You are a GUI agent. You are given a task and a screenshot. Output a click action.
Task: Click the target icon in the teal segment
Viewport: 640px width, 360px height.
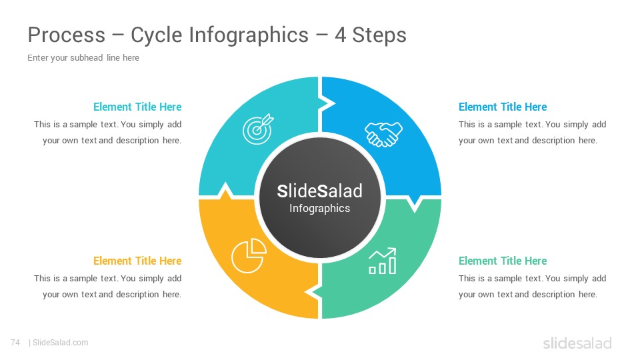(257, 129)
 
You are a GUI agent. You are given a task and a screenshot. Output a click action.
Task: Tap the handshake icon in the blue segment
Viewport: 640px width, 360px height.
(383, 134)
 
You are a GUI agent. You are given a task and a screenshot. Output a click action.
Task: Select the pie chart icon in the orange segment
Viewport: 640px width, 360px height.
(249, 255)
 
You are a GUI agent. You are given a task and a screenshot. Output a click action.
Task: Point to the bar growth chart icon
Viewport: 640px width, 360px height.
(383, 261)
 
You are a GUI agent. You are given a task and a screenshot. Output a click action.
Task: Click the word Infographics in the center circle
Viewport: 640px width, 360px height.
(319, 209)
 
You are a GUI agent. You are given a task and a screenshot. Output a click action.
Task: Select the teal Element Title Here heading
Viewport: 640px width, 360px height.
(137, 107)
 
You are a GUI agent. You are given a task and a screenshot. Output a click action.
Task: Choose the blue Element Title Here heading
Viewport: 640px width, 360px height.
(503, 107)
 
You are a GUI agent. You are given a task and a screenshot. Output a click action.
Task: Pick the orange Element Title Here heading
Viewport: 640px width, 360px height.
(137, 261)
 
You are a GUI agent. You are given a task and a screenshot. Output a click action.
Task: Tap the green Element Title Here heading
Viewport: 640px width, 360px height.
(503, 261)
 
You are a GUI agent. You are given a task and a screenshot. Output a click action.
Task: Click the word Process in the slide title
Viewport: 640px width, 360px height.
(67, 35)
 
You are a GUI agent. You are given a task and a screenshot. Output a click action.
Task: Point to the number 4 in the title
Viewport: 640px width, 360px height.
(341, 35)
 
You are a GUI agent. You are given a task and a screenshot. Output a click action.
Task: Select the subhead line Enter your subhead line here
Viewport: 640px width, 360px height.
(83, 58)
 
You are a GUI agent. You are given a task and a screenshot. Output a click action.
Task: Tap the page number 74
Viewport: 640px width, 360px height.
(15, 343)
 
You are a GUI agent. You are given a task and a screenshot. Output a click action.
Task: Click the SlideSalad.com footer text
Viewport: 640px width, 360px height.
(60, 343)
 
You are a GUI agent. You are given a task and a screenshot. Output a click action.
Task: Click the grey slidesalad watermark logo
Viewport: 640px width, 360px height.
(577, 343)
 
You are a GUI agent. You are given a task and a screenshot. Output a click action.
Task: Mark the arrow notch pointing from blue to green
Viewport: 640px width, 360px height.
(415, 203)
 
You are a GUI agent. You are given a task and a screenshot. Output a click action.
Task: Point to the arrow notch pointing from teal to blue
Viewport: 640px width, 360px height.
(327, 104)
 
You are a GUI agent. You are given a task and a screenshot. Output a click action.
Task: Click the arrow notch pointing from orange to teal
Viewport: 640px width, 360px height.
(225, 191)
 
